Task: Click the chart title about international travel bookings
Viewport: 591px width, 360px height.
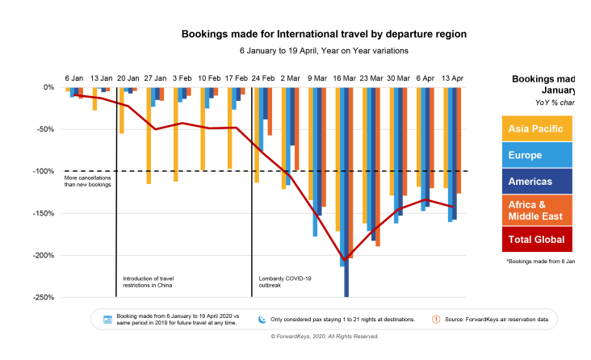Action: pyautogui.click(x=324, y=35)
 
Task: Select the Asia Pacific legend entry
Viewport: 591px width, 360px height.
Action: pyautogui.click(x=537, y=128)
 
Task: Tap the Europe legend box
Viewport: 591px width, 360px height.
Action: pyautogui.click(x=537, y=155)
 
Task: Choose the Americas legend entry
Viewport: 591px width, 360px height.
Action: pyautogui.click(x=537, y=182)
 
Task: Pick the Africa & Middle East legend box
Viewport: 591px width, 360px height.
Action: pyautogui.click(x=537, y=210)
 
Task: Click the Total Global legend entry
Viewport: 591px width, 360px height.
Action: pyautogui.click(x=537, y=239)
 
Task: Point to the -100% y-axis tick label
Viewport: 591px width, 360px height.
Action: pyautogui.click(x=44, y=171)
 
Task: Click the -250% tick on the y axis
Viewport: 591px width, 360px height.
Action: pyautogui.click(x=44, y=298)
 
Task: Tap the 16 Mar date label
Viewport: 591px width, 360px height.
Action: pyautogui.click(x=345, y=77)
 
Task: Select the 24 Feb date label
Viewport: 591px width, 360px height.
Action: pyautogui.click(x=262, y=77)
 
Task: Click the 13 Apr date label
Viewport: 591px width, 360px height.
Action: pyautogui.click(x=451, y=77)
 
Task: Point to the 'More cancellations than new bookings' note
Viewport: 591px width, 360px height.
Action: pyautogui.click(x=87, y=181)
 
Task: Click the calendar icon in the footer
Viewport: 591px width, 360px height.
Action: pyautogui.click(x=107, y=320)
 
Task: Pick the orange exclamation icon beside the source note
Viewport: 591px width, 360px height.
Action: pyautogui.click(x=437, y=320)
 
